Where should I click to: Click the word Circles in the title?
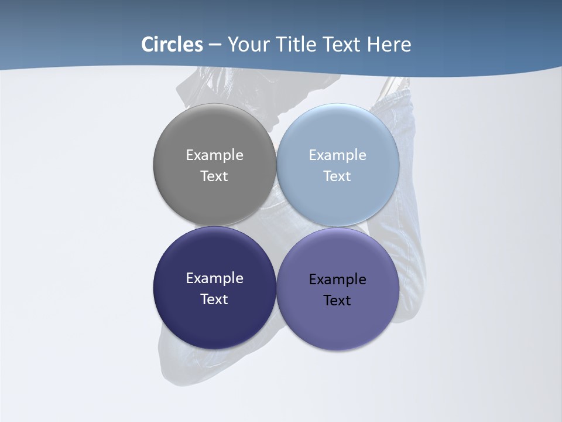172,45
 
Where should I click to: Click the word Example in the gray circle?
214,155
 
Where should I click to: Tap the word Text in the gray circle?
214,176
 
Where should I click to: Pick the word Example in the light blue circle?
337,155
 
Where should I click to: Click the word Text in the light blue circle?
337,176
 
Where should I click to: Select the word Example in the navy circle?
214,278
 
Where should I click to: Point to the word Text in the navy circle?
214,300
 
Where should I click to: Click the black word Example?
337,280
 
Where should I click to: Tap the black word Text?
337,301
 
